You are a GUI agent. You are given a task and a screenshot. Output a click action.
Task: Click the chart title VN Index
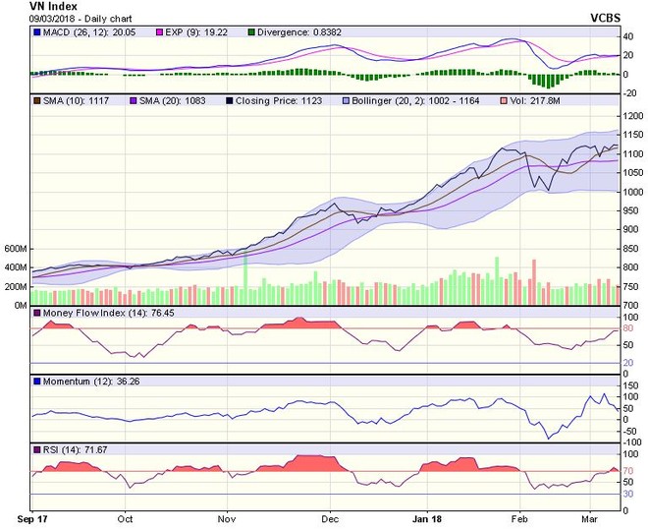[x=29, y=6]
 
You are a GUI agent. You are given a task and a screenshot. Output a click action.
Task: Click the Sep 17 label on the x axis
[x=32, y=517]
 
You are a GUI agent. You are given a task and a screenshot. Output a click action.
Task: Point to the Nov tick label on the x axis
[x=226, y=517]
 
